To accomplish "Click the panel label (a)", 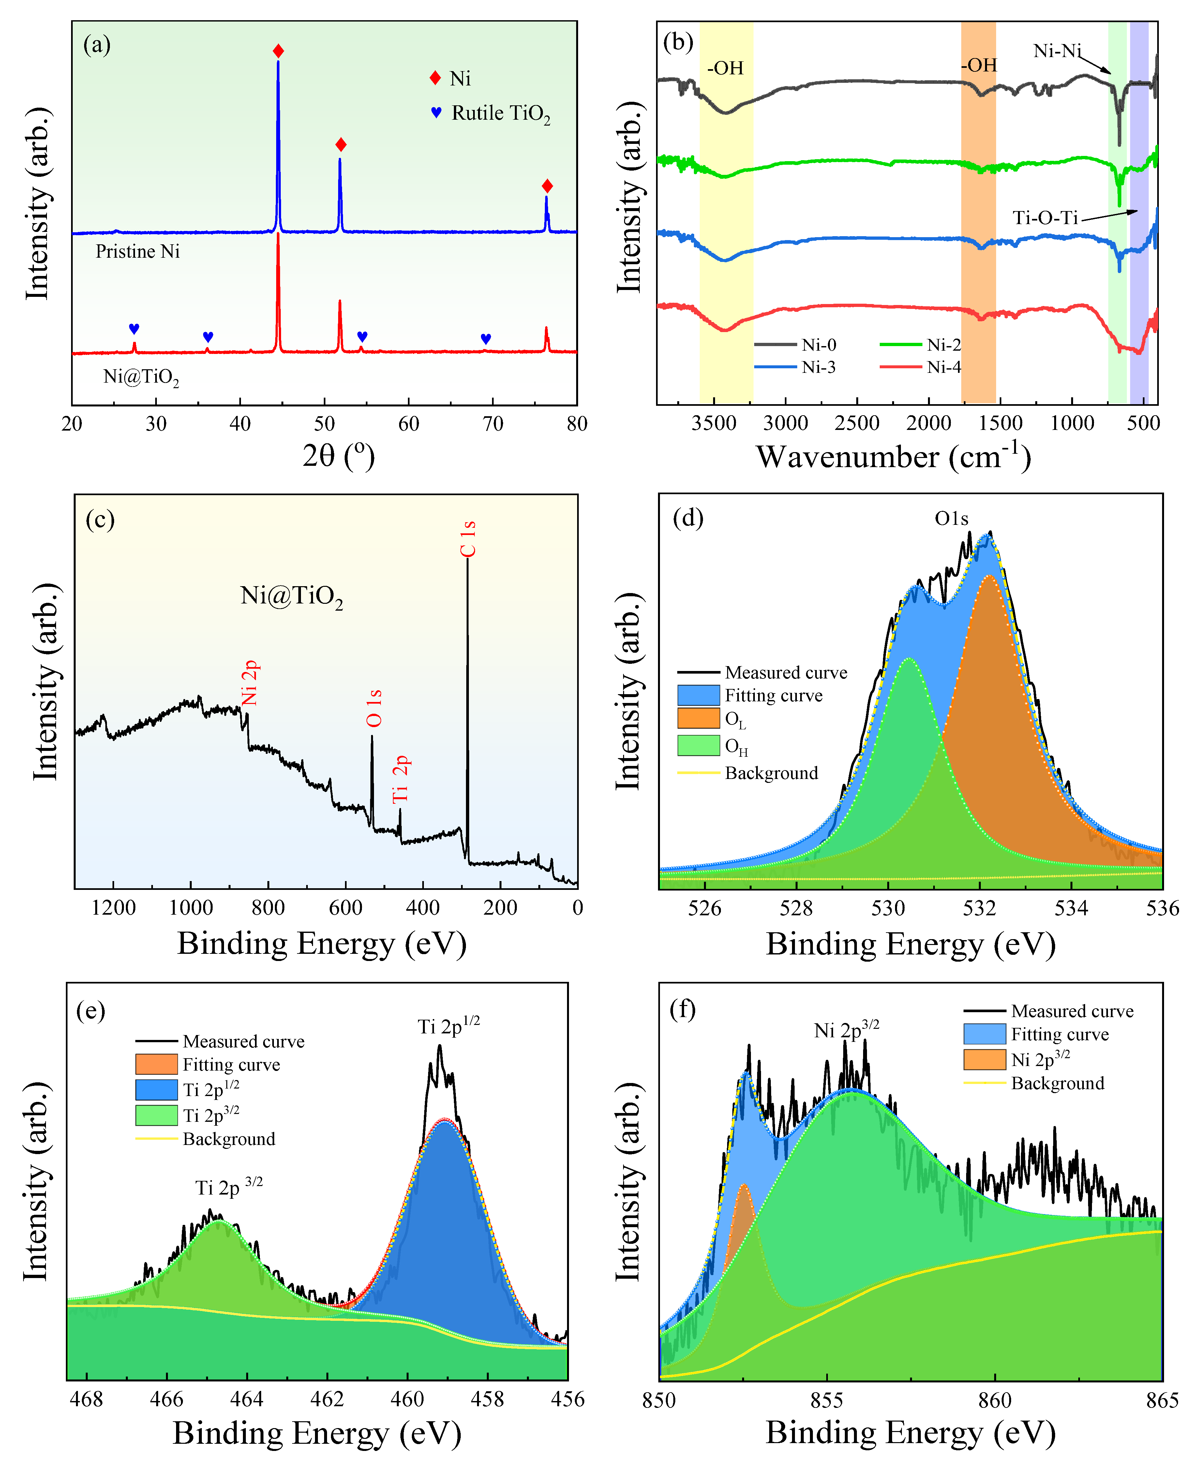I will pos(97,45).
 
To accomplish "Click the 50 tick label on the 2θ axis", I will pos(324,424).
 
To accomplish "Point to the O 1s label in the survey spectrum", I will pos(374,709).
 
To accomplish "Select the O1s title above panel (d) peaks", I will pos(951,518).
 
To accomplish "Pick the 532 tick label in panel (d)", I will pos(979,908).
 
